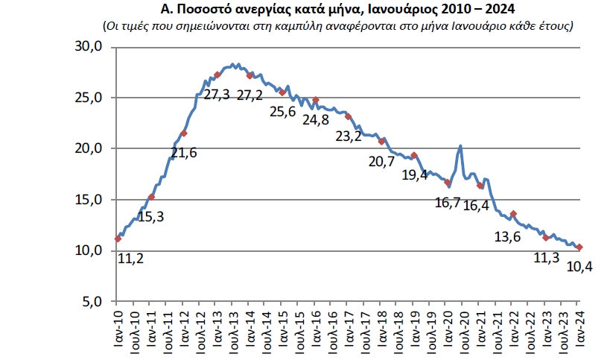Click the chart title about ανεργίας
tap(305, 10)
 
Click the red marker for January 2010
tap(118, 239)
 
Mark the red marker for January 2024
tap(579, 247)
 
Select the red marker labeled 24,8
tap(316, 100)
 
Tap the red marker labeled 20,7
tap(381, 142)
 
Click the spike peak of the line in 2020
tap(461, 146)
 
